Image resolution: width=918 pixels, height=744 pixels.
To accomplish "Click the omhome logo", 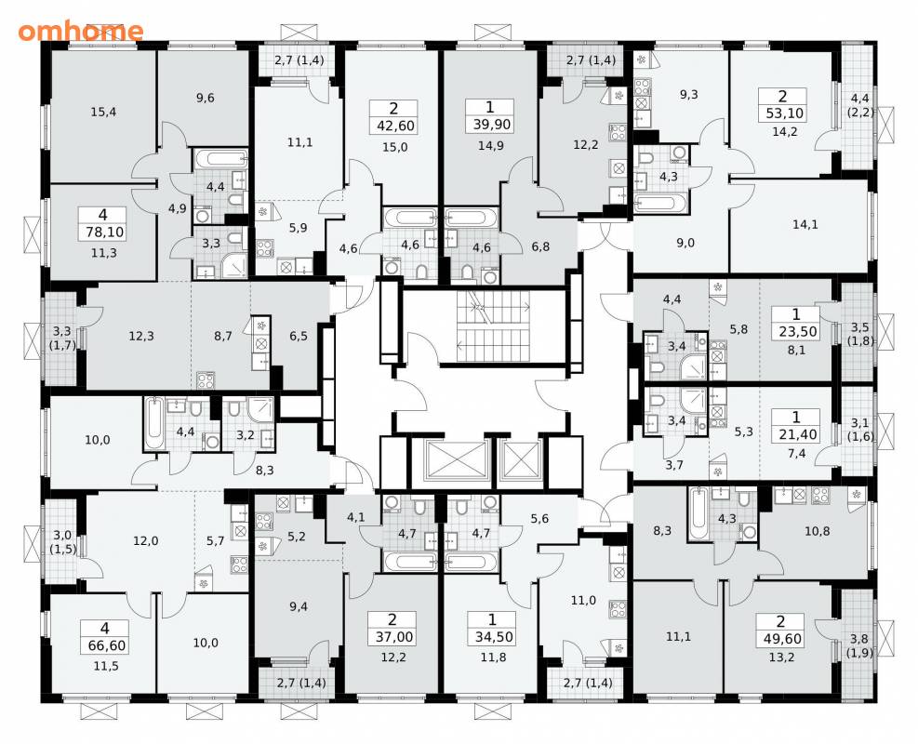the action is [80, 31].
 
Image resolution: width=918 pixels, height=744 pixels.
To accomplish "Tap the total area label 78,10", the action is [103, 232].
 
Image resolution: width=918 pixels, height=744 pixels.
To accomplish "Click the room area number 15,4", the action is [103, 112].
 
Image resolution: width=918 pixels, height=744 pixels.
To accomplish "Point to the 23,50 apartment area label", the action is [796, 332].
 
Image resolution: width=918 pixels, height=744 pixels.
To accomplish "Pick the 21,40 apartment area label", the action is [795, 434].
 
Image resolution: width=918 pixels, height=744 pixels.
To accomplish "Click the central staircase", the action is [492, 326].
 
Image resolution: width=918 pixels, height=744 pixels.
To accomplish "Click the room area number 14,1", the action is [805, 224].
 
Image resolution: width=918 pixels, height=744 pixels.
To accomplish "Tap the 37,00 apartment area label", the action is [392, 637].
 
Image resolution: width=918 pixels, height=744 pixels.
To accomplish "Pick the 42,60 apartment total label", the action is [392, 126].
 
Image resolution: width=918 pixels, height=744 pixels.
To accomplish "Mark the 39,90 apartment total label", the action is [489, 125].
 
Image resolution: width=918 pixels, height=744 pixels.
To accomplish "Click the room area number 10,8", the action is [817, 532].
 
